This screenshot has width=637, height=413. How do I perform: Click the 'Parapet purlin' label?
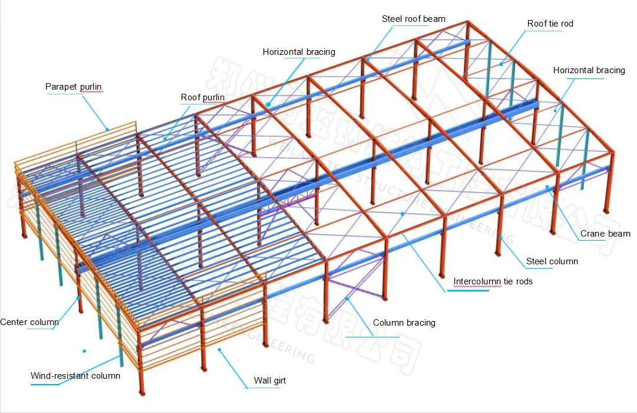74,87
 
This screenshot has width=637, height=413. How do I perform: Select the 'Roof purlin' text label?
203,97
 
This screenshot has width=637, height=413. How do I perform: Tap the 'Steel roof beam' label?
414,19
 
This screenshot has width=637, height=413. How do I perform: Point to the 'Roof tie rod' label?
550,24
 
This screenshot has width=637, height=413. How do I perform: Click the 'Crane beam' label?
605,234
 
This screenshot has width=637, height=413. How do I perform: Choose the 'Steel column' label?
552,261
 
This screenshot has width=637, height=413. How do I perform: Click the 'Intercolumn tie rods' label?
493,281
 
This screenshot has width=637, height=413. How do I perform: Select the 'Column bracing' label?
404,323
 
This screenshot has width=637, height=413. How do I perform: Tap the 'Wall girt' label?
270,381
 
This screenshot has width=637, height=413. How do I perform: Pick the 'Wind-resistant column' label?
75,376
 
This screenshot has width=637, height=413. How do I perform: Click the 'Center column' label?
29,322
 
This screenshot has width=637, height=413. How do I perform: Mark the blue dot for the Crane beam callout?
547,187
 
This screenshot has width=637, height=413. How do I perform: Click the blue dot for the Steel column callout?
501,237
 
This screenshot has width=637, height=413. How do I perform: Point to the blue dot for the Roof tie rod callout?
501,64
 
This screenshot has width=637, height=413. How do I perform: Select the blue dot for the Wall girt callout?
219,349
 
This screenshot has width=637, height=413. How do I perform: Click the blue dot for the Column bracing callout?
348,299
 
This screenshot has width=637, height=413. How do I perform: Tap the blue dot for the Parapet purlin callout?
107,128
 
